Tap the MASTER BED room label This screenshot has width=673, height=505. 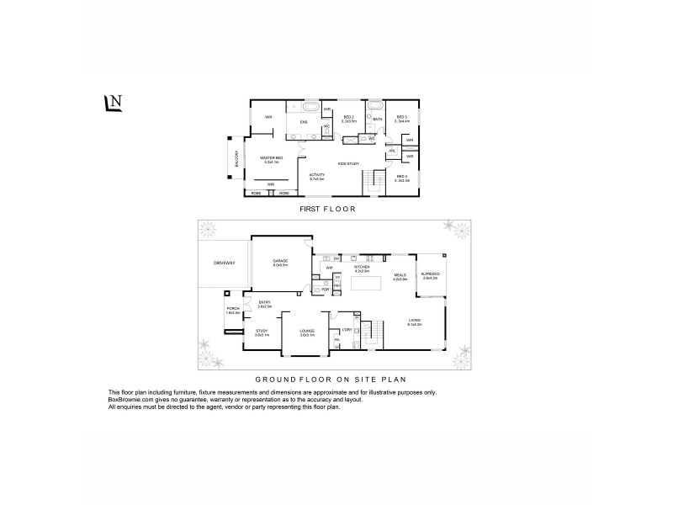(271, 159)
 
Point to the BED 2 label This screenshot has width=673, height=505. (349, 119)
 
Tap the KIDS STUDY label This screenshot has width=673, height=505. (348, 162)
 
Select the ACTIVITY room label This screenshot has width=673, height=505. (316, 176)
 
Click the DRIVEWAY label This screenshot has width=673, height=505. (222, 263)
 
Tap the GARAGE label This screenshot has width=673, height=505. (280, 263)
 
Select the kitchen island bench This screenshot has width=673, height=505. (363, 285)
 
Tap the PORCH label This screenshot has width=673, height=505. (233, 309)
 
